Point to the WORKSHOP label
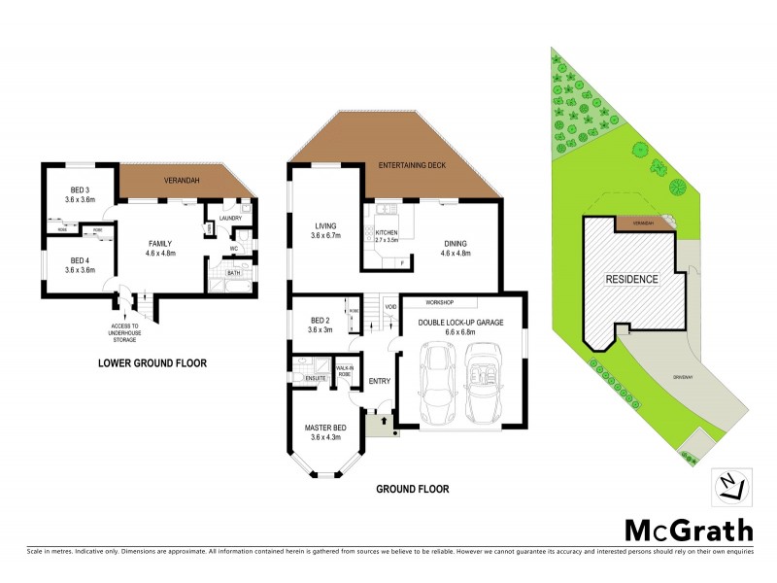428,302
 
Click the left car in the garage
434,384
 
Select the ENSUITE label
314,377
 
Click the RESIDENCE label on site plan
632,279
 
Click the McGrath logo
688,530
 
